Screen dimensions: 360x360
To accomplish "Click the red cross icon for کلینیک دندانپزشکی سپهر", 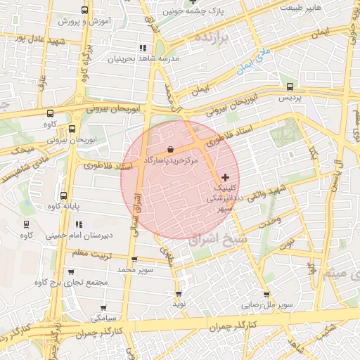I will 225,176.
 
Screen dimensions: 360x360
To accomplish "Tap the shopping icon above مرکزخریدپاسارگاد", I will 172,148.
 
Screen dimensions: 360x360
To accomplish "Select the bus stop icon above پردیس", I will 290,86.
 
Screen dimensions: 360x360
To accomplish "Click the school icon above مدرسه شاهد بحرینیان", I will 143,48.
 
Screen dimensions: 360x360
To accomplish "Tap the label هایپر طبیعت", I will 302,6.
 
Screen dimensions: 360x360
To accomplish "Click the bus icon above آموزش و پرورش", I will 85,10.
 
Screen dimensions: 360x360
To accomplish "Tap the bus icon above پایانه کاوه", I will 64,195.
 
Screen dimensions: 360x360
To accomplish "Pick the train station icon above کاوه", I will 26,225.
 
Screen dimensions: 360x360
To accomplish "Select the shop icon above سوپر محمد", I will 134,259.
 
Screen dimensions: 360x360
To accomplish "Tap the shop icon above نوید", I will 179,293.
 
